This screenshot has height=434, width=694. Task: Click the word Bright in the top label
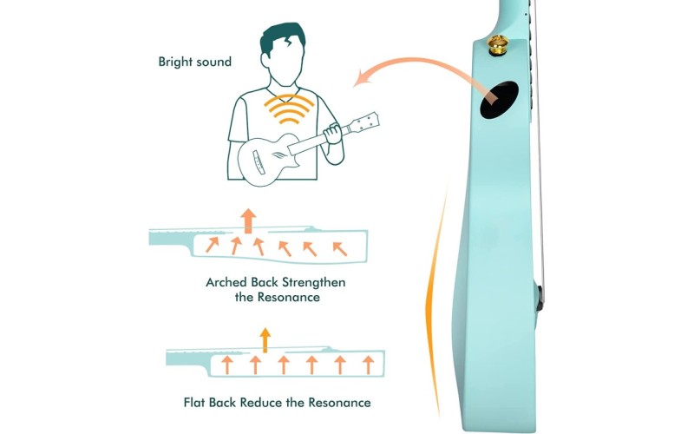pyautogui.click(x=176, y=62)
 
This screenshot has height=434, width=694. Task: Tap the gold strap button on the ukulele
pyautogui.click(x=498, y=45)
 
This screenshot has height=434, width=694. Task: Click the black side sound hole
pyautogui.click(x=499, y=100)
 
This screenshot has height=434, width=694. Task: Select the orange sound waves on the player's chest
pyautogui.click(x=289, y=109)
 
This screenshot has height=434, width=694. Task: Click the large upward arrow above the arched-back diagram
pyautogui.click(x=248, y=220)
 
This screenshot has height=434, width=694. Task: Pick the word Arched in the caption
pyautogui.click(x=226, y=282)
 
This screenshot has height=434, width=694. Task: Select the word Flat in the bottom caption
pyautogui.click(x=193, y=403)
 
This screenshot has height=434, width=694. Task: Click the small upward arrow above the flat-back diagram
pyautogui.click(x=265, y=340)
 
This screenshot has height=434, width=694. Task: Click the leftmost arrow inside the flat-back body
pyautogui.click(x=227, y=365)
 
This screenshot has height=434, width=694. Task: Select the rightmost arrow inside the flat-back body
pyautogui.click(x=368, y=365)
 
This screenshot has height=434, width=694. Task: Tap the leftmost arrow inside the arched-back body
pyautogui.click(x=212, y=245)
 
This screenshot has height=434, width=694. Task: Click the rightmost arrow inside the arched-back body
pyautogui.click(x=339, y=249)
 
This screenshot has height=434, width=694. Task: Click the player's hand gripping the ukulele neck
pyautogui.click(x=332, y=134)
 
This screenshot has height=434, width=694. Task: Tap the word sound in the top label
pyautogui.click(x=213, y=62)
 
